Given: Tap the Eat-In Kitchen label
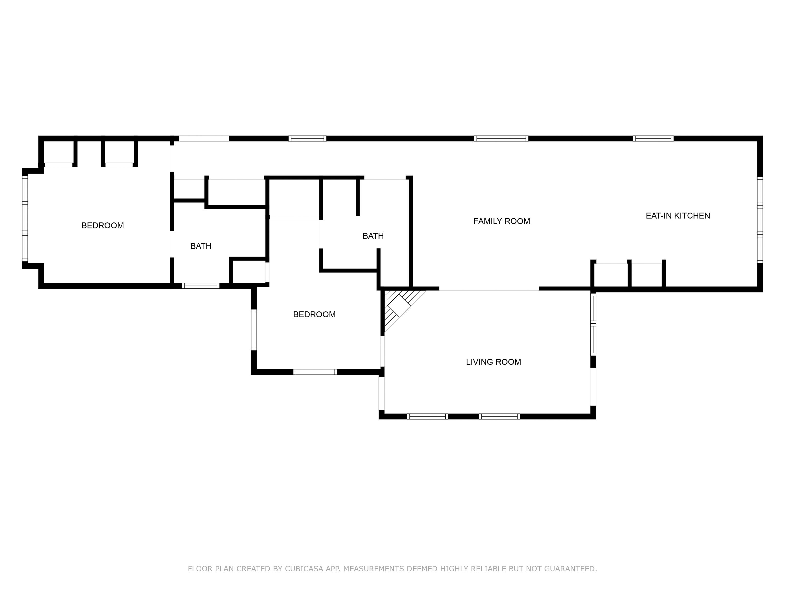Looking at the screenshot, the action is point(678,216).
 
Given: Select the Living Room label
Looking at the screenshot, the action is point(493,362).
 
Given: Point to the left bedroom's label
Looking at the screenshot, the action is point(102,225).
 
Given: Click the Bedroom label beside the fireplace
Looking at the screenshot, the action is point(314,314).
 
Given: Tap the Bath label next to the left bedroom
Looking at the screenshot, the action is point(201,246).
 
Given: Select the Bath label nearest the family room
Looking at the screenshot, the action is point(373,236).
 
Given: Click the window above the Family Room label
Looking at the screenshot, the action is point(501,139).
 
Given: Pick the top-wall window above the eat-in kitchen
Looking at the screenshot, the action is point(653,139).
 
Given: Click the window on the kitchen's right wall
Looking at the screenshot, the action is point(760,220).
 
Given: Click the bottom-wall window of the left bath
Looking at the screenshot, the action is point(201,286).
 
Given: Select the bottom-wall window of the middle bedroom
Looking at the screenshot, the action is point(315,372).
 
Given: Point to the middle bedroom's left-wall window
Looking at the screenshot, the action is point(254,330).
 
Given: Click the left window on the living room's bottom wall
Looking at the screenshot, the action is point(427,416).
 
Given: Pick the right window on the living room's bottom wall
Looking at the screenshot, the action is point(499,416).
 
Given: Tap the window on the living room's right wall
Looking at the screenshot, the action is point(593,324).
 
